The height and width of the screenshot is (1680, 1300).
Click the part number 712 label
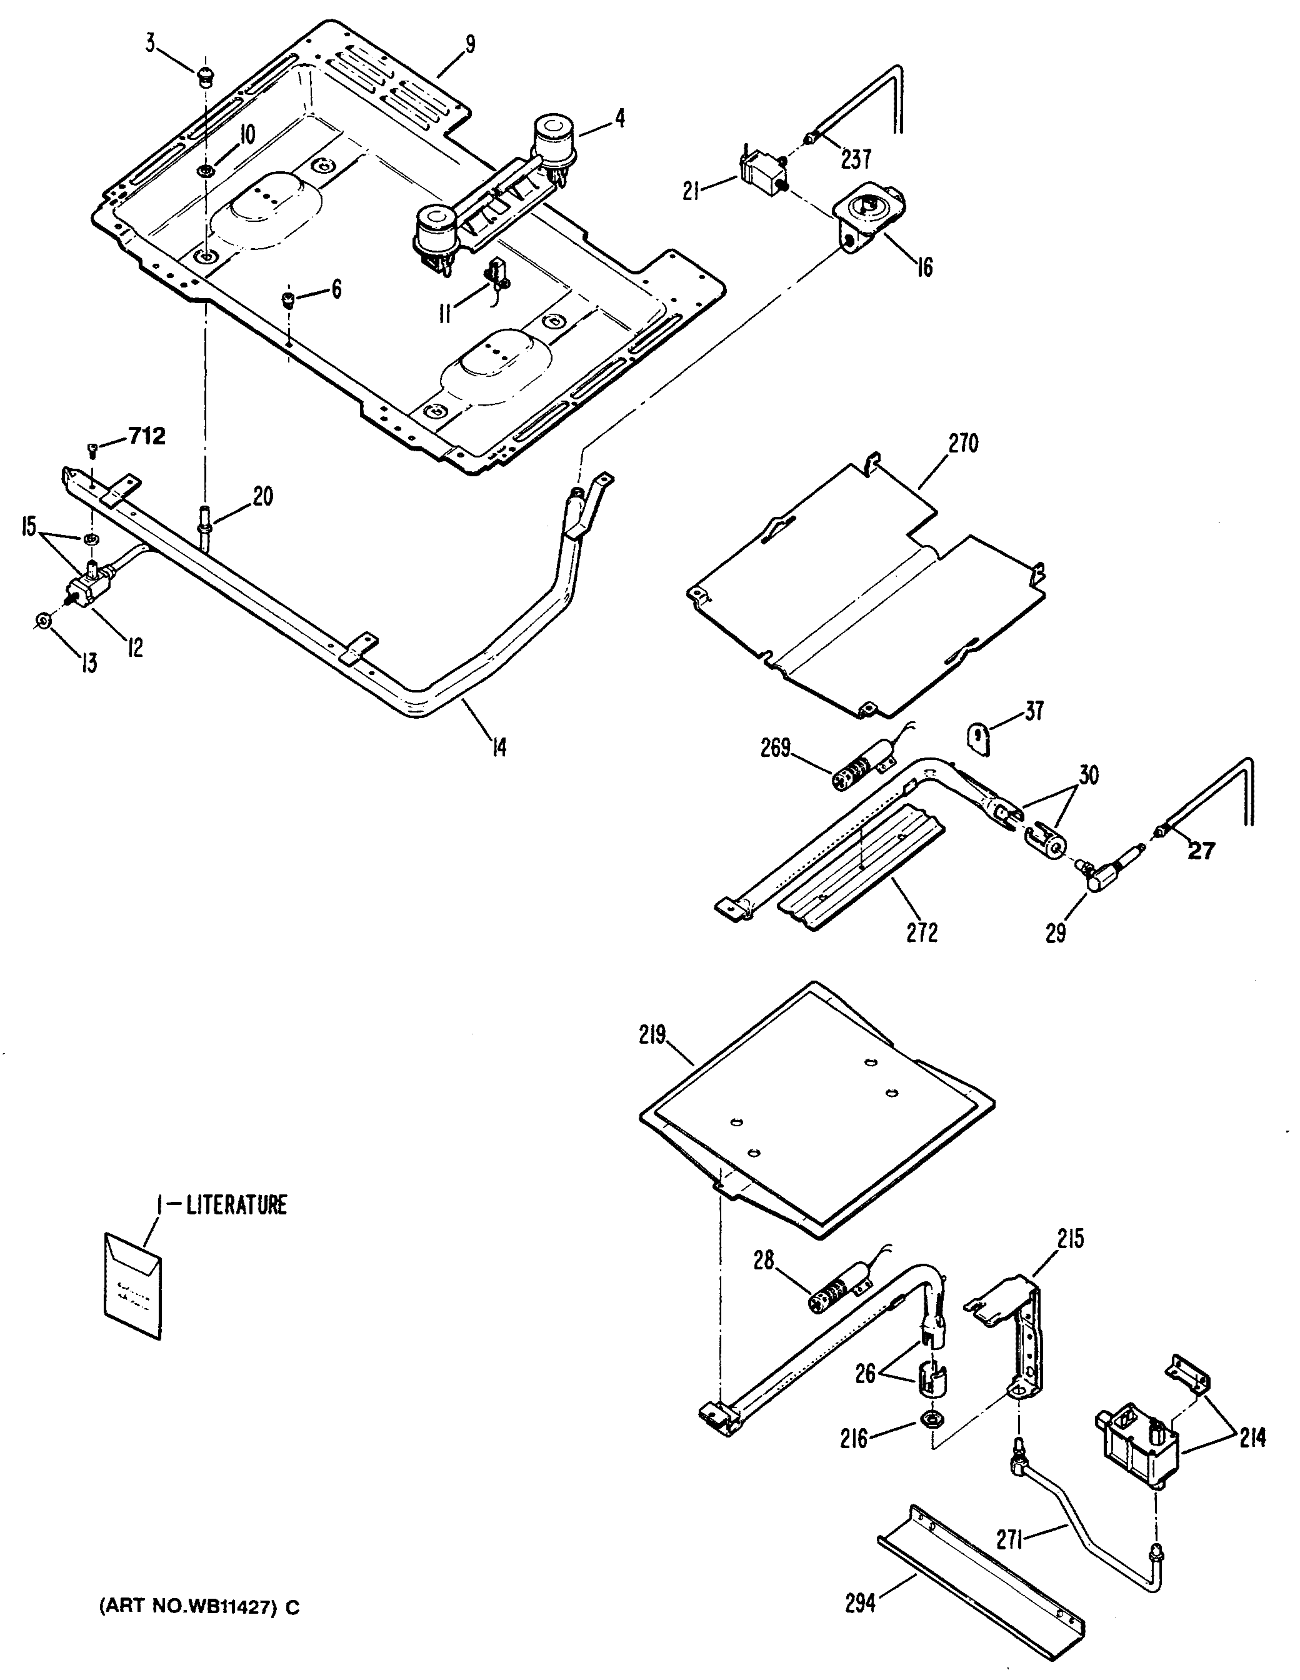[147, 437]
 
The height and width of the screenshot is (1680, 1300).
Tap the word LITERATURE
[237, 1204]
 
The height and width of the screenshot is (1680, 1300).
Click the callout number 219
[651, 1036]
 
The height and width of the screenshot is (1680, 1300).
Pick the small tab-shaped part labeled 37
[977, 739]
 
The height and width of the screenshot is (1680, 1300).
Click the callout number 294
[860, 1603]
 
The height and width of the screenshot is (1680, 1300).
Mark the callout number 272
[921, 932]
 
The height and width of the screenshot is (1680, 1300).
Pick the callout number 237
[856, 159]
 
